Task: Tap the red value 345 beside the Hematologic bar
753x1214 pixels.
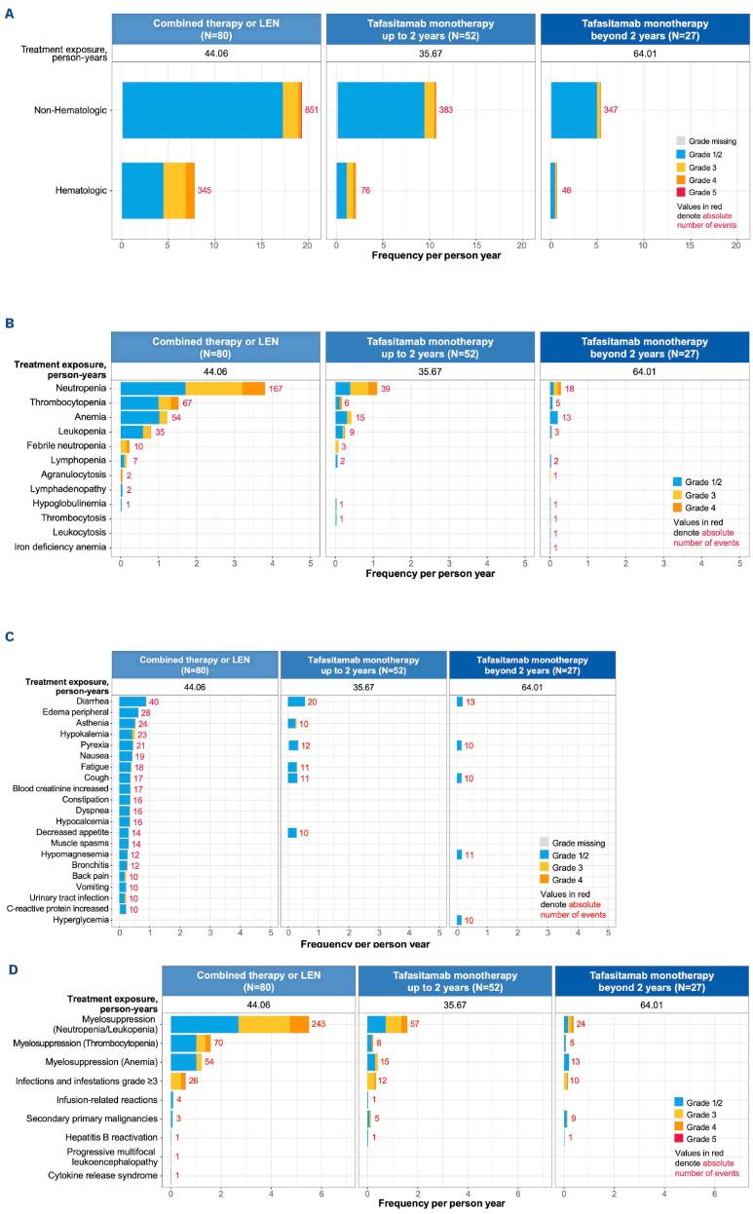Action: tap(206, 191)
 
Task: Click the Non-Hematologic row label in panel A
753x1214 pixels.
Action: tap(69, 110)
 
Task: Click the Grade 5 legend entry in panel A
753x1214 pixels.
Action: tap(692, 192)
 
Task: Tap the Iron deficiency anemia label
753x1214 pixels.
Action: tap(65, 549)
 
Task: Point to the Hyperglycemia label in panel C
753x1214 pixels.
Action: tap(84, 921)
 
